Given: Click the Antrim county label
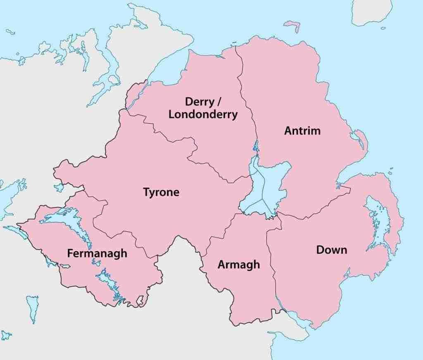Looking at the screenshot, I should tap(302, 131).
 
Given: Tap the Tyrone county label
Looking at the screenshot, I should tap(161, 192).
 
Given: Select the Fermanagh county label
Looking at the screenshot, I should tap(97, 253).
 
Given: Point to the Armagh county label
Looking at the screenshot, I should tap(239, 265).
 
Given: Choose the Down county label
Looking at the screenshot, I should tap(331, 250).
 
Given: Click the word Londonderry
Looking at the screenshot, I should tap(203, 114).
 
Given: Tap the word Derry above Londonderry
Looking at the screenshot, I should tap(199, 101).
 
